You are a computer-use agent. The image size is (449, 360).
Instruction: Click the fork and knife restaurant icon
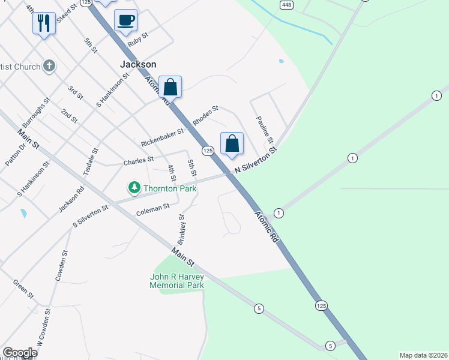[x=43, y=23]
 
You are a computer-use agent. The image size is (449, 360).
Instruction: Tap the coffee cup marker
[x=125, y=20]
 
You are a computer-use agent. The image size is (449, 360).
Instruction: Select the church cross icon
[x=49, y=66]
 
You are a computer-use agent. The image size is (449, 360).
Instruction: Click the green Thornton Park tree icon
[x=134, y=188]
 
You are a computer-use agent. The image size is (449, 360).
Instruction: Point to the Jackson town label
[x=138, y=64]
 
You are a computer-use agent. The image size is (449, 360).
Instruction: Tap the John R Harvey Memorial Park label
[x=177, y=281]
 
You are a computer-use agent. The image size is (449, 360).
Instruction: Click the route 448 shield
[x=285, y=4]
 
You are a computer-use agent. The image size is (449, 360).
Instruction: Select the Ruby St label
[x=137, y=40]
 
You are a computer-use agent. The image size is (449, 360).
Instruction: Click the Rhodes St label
[x=205, y=116]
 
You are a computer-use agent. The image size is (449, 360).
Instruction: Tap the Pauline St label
[x=265, y=130]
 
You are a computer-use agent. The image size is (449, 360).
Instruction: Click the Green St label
[x=23, y=289]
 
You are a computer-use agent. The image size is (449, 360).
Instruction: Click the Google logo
[x=20, y=353]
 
